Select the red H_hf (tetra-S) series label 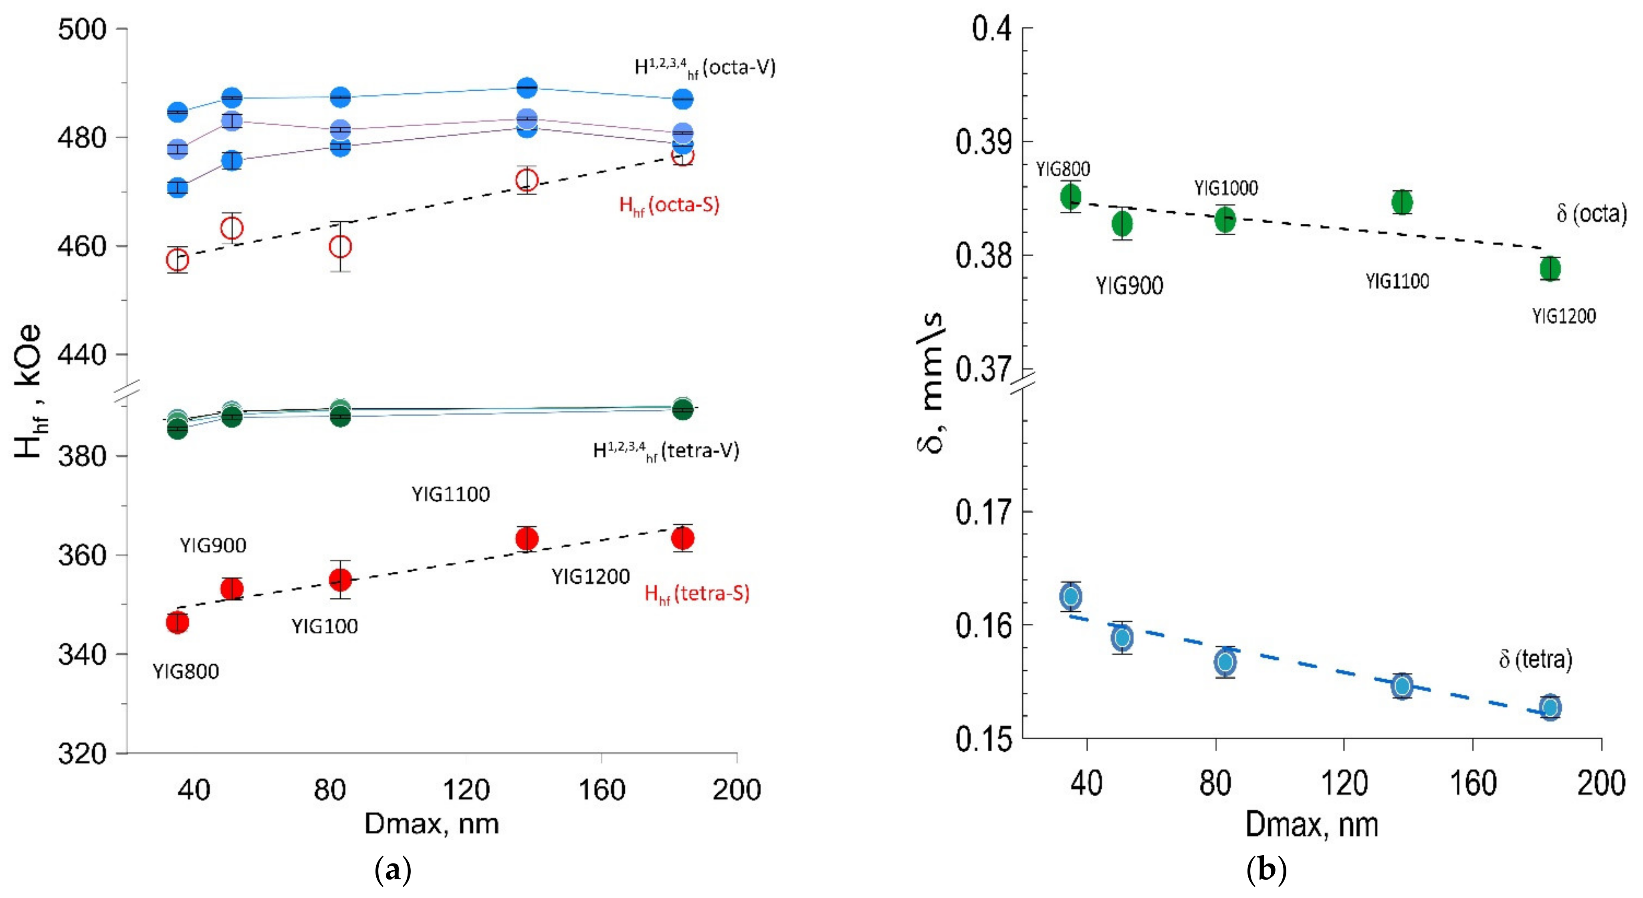(696, 594)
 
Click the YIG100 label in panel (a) (325, 626)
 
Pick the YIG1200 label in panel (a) (591, 577)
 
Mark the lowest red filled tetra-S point (177, 622)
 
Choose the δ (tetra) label (1535, 659)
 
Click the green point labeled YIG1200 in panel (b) (1550, 269)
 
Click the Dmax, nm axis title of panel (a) (431, 824)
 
